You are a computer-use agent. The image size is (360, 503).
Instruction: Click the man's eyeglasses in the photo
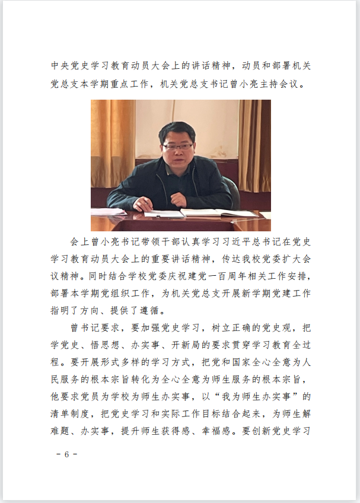click(178, 146)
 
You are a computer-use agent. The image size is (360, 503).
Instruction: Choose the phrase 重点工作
click(130, 84)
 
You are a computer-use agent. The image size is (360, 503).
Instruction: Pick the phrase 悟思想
click(111, 345)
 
